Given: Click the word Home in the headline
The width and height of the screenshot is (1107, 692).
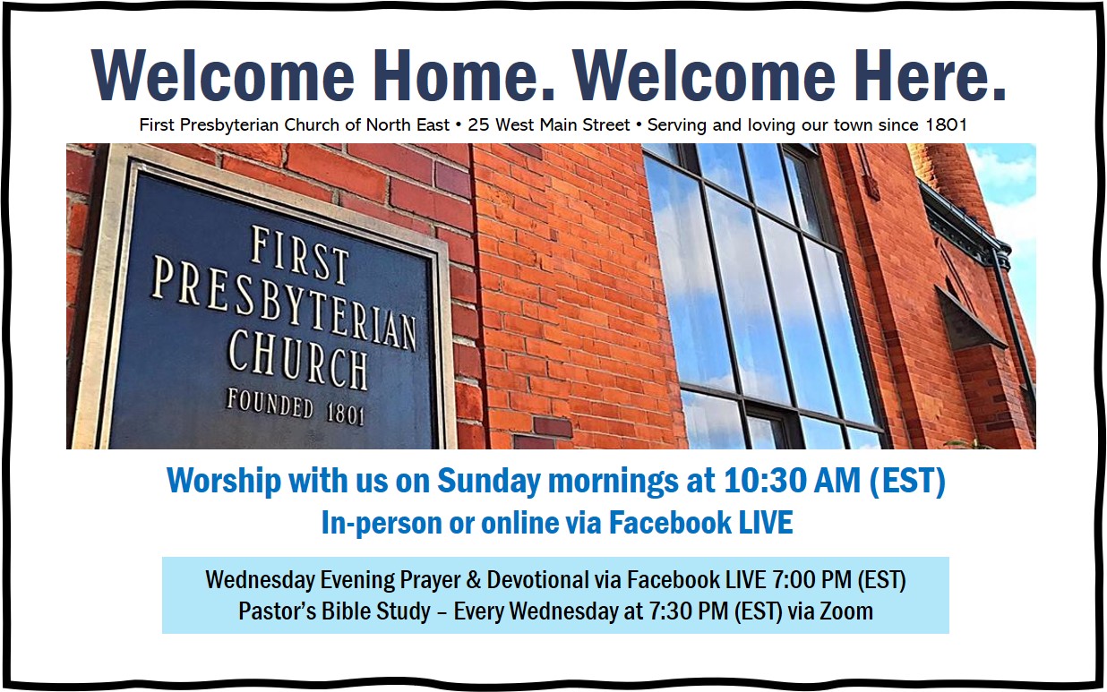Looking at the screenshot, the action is [x=463, y=75].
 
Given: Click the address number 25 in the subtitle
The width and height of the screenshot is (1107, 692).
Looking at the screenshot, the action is [x=478, y=125].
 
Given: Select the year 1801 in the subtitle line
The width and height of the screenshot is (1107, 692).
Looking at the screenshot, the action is [x=947, y=125].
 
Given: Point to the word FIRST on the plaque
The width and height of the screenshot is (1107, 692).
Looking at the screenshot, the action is [x=299, y=255].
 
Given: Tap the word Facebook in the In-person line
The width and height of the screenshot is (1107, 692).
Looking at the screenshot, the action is [x=669, y=523].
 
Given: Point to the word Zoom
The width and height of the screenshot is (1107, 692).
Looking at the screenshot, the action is [x=846, y=611].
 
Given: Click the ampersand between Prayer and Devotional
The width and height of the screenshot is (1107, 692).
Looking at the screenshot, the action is [x=473, y=580].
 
